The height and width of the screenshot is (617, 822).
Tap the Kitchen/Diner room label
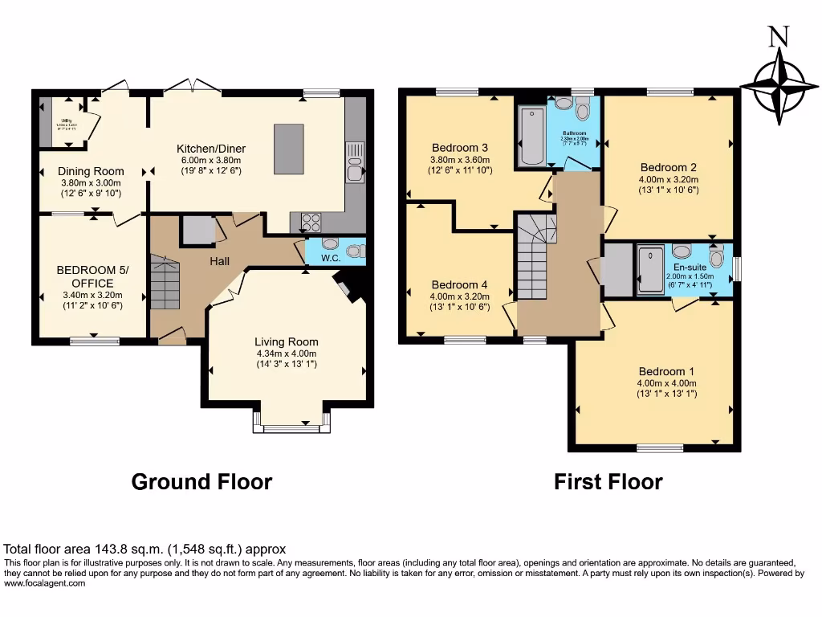click(211, 149)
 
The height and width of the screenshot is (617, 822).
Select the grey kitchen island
click(289, 149)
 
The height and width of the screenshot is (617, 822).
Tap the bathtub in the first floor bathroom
click(531, 137)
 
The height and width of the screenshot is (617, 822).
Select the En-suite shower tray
click(650, 270)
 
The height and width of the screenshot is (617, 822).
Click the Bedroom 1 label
click(666, 371)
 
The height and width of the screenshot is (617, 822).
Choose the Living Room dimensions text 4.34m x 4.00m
click(287, 353)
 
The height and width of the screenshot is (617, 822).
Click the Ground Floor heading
click(201, 482)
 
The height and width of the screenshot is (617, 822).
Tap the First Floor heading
click(608, 482)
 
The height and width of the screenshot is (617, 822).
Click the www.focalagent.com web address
click(44, 584)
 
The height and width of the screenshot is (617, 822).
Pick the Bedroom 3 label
click(460, 148)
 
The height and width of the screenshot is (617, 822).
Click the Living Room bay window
click(291, 427)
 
